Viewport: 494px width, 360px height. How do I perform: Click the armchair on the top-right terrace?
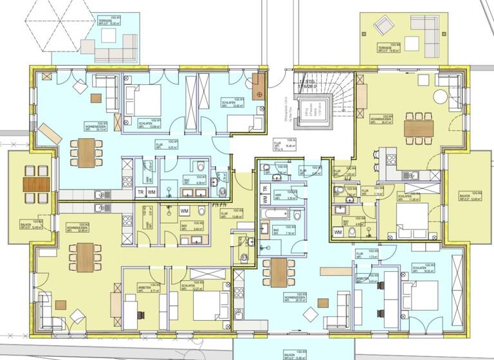[385, 26]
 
